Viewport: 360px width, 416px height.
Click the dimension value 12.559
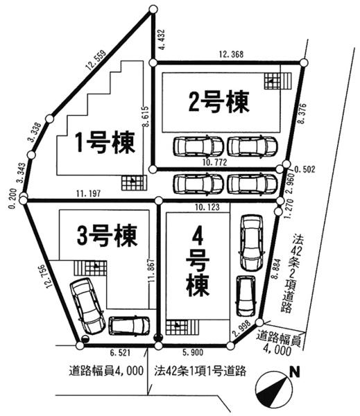click(x=98, y=67)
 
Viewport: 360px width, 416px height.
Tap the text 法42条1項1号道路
click(x=200, y=370)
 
